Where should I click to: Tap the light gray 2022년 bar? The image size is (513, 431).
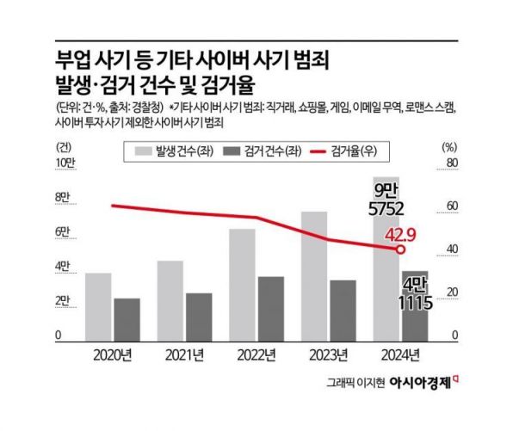242,284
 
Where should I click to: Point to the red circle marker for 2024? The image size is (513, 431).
401,249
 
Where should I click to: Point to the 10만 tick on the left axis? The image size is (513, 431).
65,163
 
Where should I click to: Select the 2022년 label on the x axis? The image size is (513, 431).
256,354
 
